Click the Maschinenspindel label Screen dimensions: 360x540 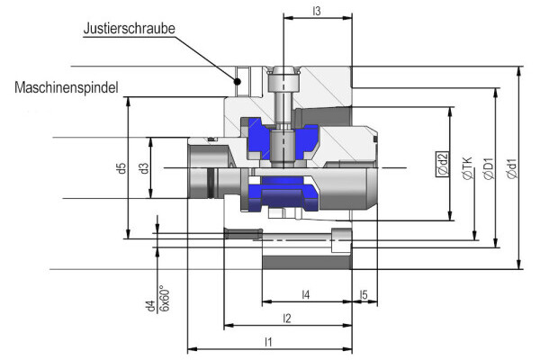tap(67, 87)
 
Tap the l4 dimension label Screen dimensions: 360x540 tap(306, 294)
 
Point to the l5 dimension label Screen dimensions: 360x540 tap(364, 294)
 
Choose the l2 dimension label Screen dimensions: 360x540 tap(287, 318)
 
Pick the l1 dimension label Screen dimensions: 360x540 tap(269, 341)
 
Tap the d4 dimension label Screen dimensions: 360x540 tap(150, 306)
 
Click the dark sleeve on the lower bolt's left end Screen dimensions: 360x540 tap(240, 235)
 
